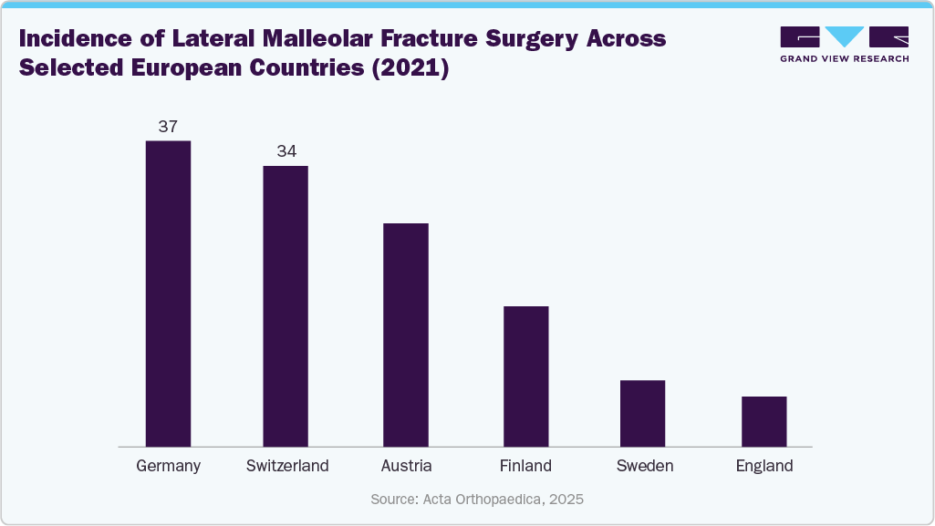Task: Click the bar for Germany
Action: (168, 294)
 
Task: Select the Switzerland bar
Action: (286, 306)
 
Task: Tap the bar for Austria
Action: (406, 335)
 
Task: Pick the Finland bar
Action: (526, 376)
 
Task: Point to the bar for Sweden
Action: (643, 413)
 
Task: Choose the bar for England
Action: (764, 421)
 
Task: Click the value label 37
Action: (168, 127)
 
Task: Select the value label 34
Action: (286, 151)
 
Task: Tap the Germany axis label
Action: (168, 466)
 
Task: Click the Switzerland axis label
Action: (287, 466)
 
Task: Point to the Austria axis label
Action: (407, 466)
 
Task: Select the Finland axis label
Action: (525, 466)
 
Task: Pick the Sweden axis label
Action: (645, 466)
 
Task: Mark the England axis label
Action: (764, 466)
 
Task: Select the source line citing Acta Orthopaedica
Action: (477, 500)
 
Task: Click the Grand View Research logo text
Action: (845, 58)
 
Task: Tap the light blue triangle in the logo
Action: (845, 36)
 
